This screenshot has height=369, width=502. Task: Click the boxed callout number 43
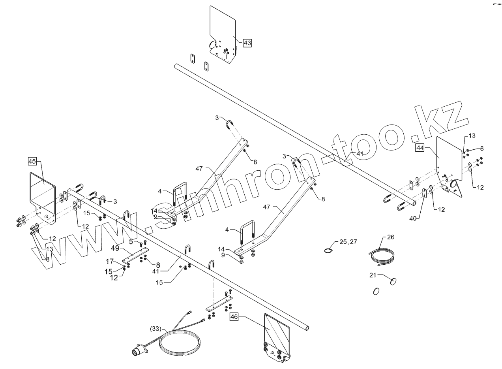[247, 43]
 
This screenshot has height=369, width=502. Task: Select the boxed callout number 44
[420, 148]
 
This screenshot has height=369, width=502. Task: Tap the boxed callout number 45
[32, 161]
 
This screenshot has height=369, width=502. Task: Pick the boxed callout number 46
[234, 317]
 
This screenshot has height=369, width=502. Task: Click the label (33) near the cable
[156, 328]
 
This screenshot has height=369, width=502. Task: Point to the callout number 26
[390, 237]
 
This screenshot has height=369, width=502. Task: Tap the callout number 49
[115, 248]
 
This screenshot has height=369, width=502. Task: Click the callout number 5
[131, 241]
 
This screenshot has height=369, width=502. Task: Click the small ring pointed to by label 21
[393, 281]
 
